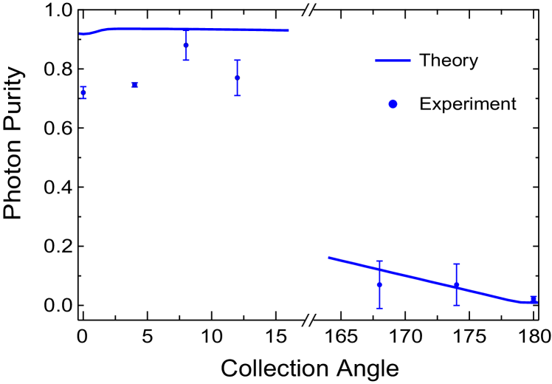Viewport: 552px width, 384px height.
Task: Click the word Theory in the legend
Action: (x=449, y=61)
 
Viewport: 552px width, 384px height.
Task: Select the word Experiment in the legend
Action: (x=466, y=104)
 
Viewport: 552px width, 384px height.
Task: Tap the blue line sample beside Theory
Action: (x=393, y=61)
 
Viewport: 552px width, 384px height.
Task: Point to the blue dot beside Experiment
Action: (x=393, y=104)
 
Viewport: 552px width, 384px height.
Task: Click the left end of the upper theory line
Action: (x=80, y=34)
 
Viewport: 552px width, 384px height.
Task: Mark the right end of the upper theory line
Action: (x=289, y=31)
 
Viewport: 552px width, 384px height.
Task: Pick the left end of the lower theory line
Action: (x=328, y=257)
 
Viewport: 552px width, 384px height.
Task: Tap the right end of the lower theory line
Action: (x=537, y=301)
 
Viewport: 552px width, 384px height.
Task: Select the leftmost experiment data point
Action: (x=83, y=92)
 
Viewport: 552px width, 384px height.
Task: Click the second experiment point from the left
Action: (x=135, y=85)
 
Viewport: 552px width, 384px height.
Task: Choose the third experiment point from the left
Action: (x=186, y=46)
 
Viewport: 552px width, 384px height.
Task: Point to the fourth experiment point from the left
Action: (x=238, y=77)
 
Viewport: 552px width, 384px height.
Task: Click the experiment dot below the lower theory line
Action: (x=379, y=284)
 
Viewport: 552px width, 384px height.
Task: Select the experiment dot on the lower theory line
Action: (x=456, y=285)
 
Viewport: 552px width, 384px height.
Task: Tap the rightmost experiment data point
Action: (x=533, y=299)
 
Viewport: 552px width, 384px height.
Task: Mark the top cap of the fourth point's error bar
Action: (x=238, y=61)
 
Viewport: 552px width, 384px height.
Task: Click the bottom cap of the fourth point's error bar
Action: (x=238, y=95)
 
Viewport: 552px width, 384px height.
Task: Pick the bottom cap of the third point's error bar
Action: (x=186, y=60)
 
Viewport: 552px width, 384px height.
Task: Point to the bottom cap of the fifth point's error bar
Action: (x=379, y=308)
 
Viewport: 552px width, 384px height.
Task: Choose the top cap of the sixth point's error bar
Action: (x=456, y=264)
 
